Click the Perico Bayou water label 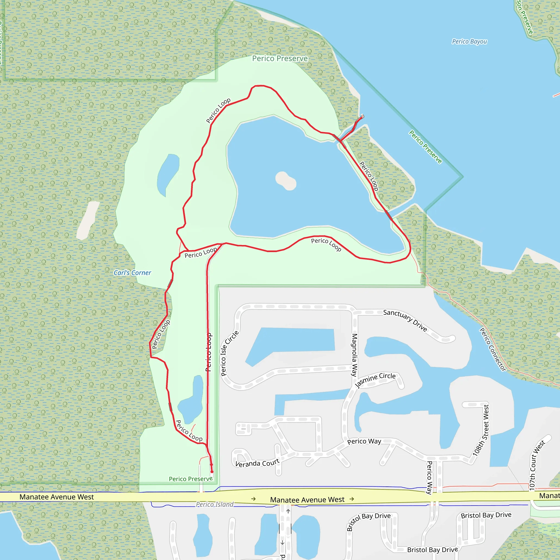469,42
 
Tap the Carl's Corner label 132,273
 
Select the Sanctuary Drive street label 405,320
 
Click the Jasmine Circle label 375,380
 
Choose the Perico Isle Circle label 230,353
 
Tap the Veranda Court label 257,463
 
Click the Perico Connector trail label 492,349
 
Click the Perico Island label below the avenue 214,504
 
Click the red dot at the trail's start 212,472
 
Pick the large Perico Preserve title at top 280,59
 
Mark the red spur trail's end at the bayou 362,116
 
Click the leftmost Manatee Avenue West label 57,497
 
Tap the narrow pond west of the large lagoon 168,174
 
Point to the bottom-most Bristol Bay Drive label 433,550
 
